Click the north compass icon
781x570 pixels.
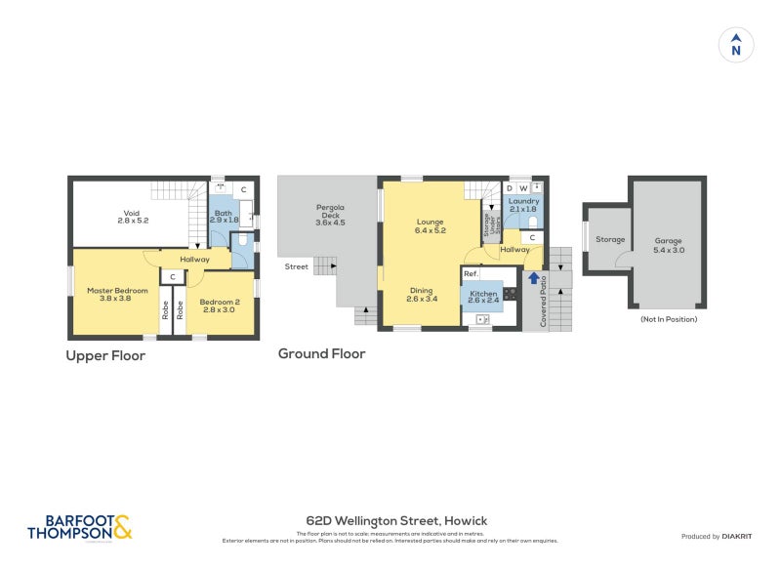click(736, 46)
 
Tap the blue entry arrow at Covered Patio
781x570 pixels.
click(533, 278)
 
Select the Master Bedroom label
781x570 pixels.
click(117, 290)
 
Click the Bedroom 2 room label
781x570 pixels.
click(220, 302)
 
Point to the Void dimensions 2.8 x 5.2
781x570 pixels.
click(131, 222)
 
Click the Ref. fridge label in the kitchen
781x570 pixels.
click(471, 274)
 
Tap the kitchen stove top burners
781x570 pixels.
click(509, 291)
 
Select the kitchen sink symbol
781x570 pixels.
click(481, 319)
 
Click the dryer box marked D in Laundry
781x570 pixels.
click(510, 187)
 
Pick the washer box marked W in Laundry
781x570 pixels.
click(523, 187)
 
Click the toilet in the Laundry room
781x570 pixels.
click(536, 223)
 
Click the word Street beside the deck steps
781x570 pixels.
click(296, 266)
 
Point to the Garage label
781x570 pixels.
click(669, 240)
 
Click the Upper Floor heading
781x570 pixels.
click(105, 355)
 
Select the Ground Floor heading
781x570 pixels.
click(321, 353)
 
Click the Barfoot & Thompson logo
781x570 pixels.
click(79, 528)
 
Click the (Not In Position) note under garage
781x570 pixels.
click(669, 319)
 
